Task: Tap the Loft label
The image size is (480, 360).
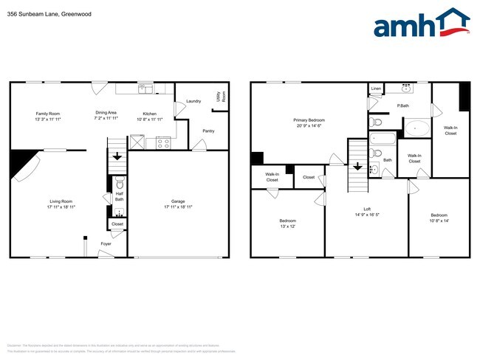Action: (367, 209)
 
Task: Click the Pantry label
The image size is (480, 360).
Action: (209, 131)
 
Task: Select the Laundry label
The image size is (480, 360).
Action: (194, 101)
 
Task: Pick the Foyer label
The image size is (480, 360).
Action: (106, 243)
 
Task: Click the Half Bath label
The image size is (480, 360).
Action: (120, 196)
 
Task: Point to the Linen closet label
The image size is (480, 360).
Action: (376, 89)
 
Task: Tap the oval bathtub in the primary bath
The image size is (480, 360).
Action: (417, 128)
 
